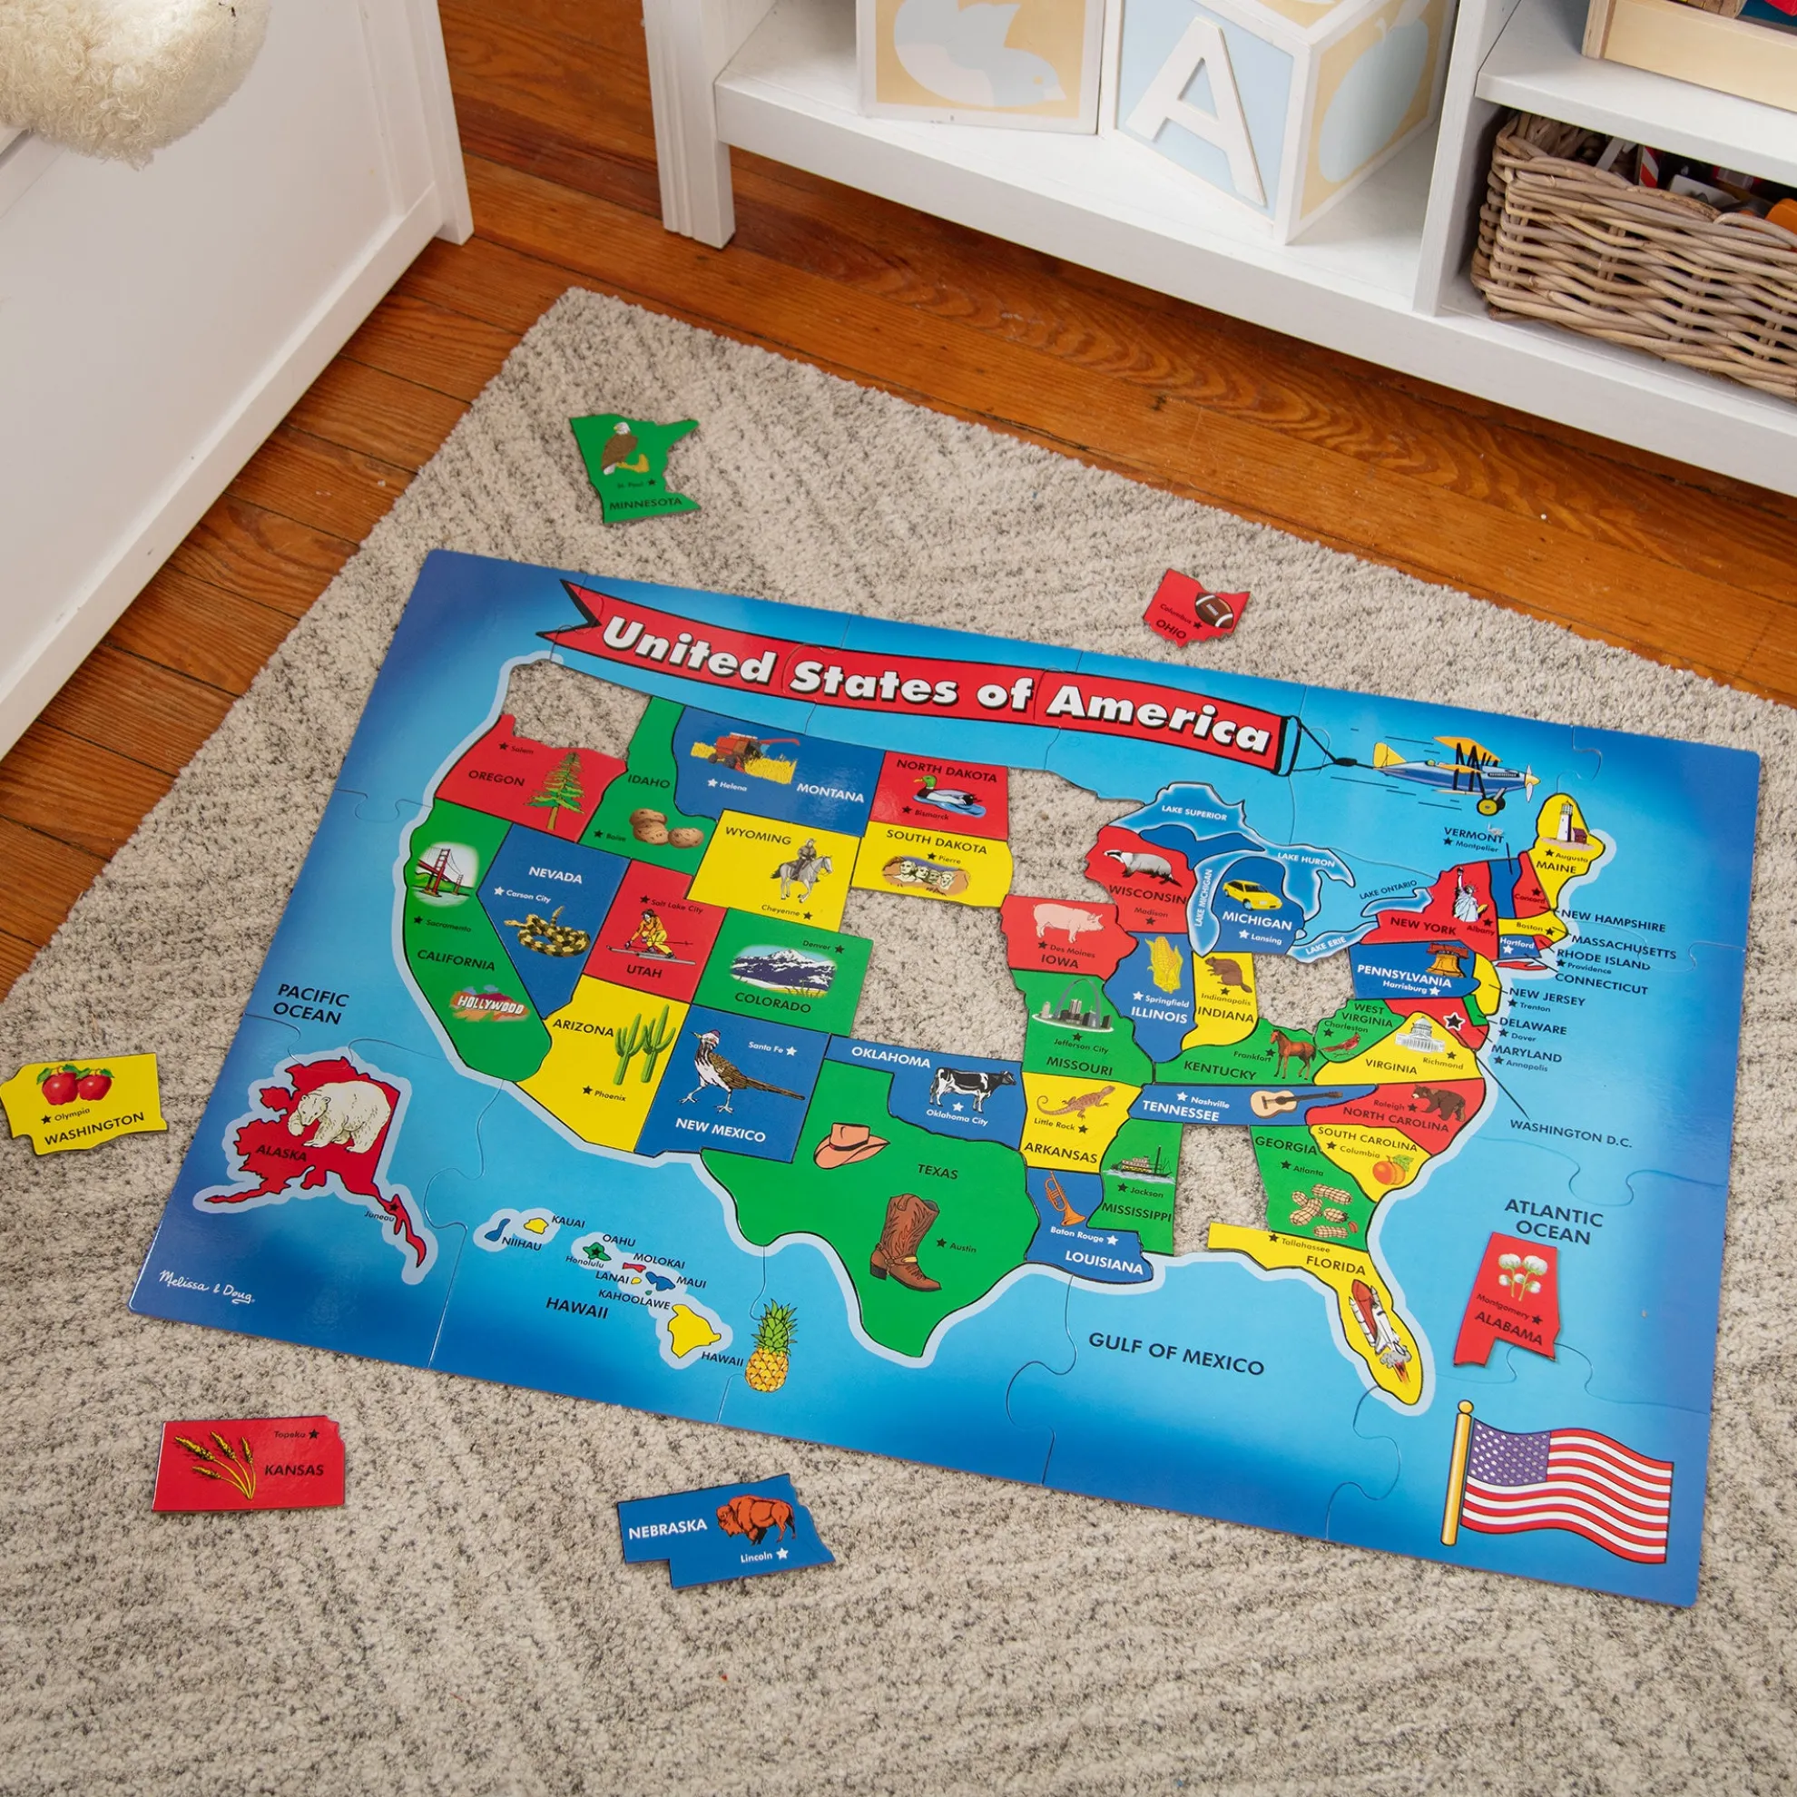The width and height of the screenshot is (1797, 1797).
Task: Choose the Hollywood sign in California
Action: [x=488, y=1005]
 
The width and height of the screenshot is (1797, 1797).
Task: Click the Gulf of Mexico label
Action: [x=1175, y=1357]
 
